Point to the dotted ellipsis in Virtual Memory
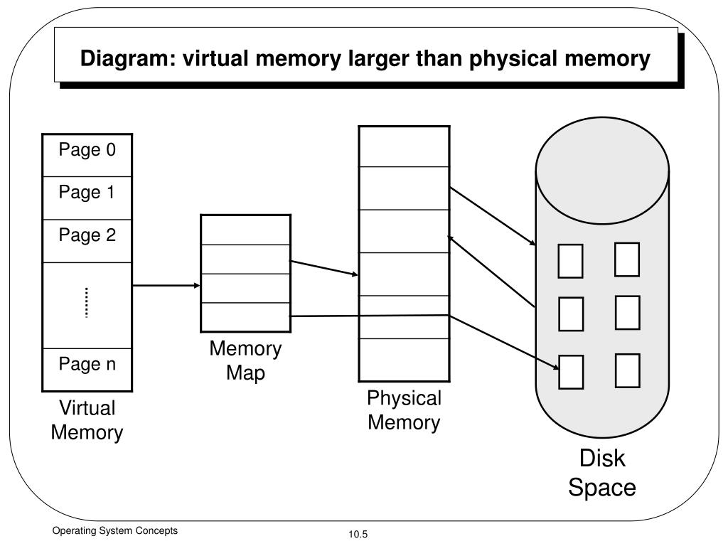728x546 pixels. (87, 303)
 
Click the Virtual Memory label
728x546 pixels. (87, 420)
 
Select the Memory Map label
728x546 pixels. (245, 360)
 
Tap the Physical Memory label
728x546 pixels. (404, 410)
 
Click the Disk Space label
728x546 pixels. (601, 473)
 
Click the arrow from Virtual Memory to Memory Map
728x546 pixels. (166, 286)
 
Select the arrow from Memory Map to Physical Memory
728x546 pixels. (324, 268)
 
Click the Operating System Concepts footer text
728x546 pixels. (114, 531)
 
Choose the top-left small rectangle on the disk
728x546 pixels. (570, 260)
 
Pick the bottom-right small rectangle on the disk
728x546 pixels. (627, 370)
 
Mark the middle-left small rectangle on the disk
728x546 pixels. (570, 314)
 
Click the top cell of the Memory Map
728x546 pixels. (245, 230)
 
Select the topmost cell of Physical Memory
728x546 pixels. (404, 146)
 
